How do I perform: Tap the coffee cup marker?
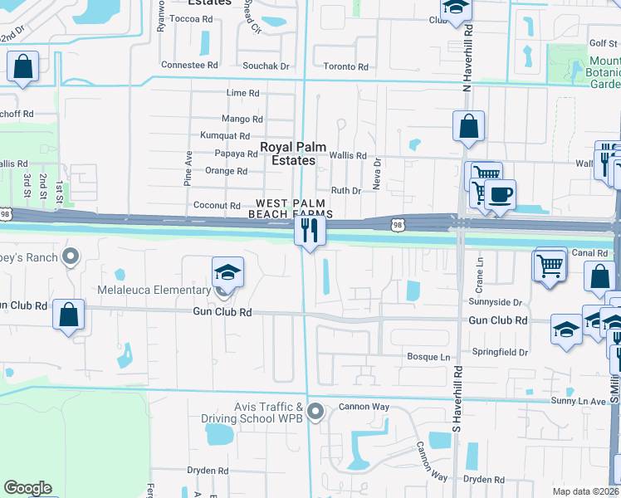tap(499, 195)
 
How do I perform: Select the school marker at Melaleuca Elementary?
tap(227, 272)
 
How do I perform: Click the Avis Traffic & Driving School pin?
tap(315, 411)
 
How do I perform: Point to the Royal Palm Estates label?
tap(288, 154)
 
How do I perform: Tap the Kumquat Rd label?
tap(225, 135)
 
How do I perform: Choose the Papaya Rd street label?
tap(236, 154)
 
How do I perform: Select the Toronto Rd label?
tap(345, 66)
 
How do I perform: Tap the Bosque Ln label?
tap(428, 357)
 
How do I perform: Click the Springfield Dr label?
tap(501, 353)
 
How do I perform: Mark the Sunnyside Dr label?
tap(495, 303)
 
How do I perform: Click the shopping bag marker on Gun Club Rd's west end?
tap(68, 315)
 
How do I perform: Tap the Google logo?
tap(27, 488)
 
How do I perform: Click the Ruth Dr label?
tap(345, 190)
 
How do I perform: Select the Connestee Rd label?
tap(188, 64)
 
